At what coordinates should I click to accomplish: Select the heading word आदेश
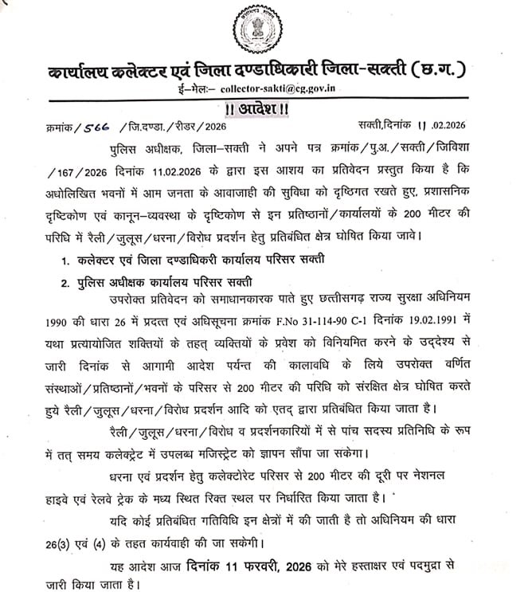point(266,108)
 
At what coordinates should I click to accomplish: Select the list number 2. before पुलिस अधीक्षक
point(67,282)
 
